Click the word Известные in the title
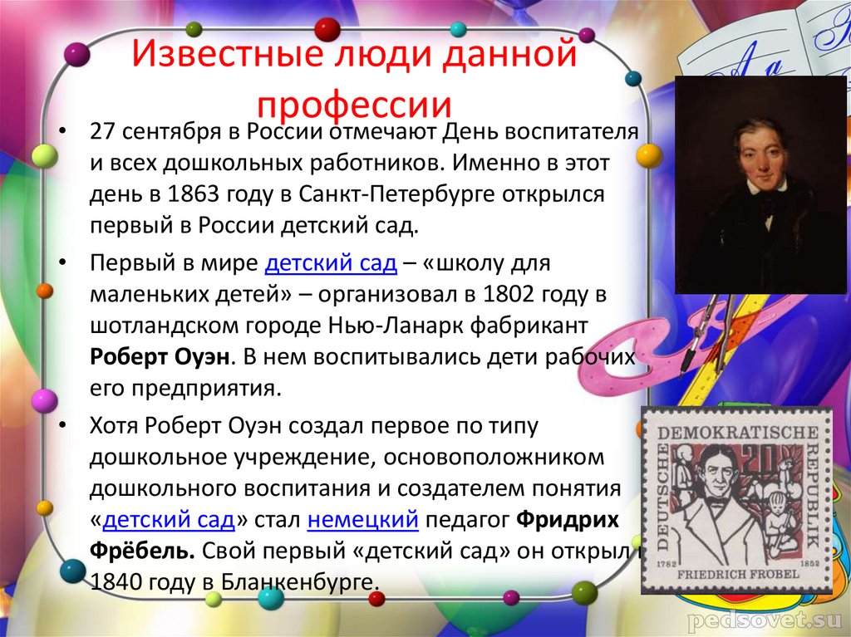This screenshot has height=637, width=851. pos(218,57)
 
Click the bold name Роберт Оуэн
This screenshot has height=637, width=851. pos(160,356)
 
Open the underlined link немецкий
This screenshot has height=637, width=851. pos(362,520)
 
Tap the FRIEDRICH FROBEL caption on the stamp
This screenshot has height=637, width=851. pos(739,574)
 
